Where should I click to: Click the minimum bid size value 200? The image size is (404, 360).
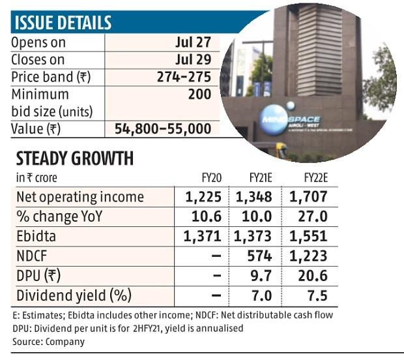coord(199,95)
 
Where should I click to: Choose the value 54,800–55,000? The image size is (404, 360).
coord(163,128)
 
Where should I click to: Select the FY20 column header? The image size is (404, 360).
coord(209,177)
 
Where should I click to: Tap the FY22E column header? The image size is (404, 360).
coord(311,177)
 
